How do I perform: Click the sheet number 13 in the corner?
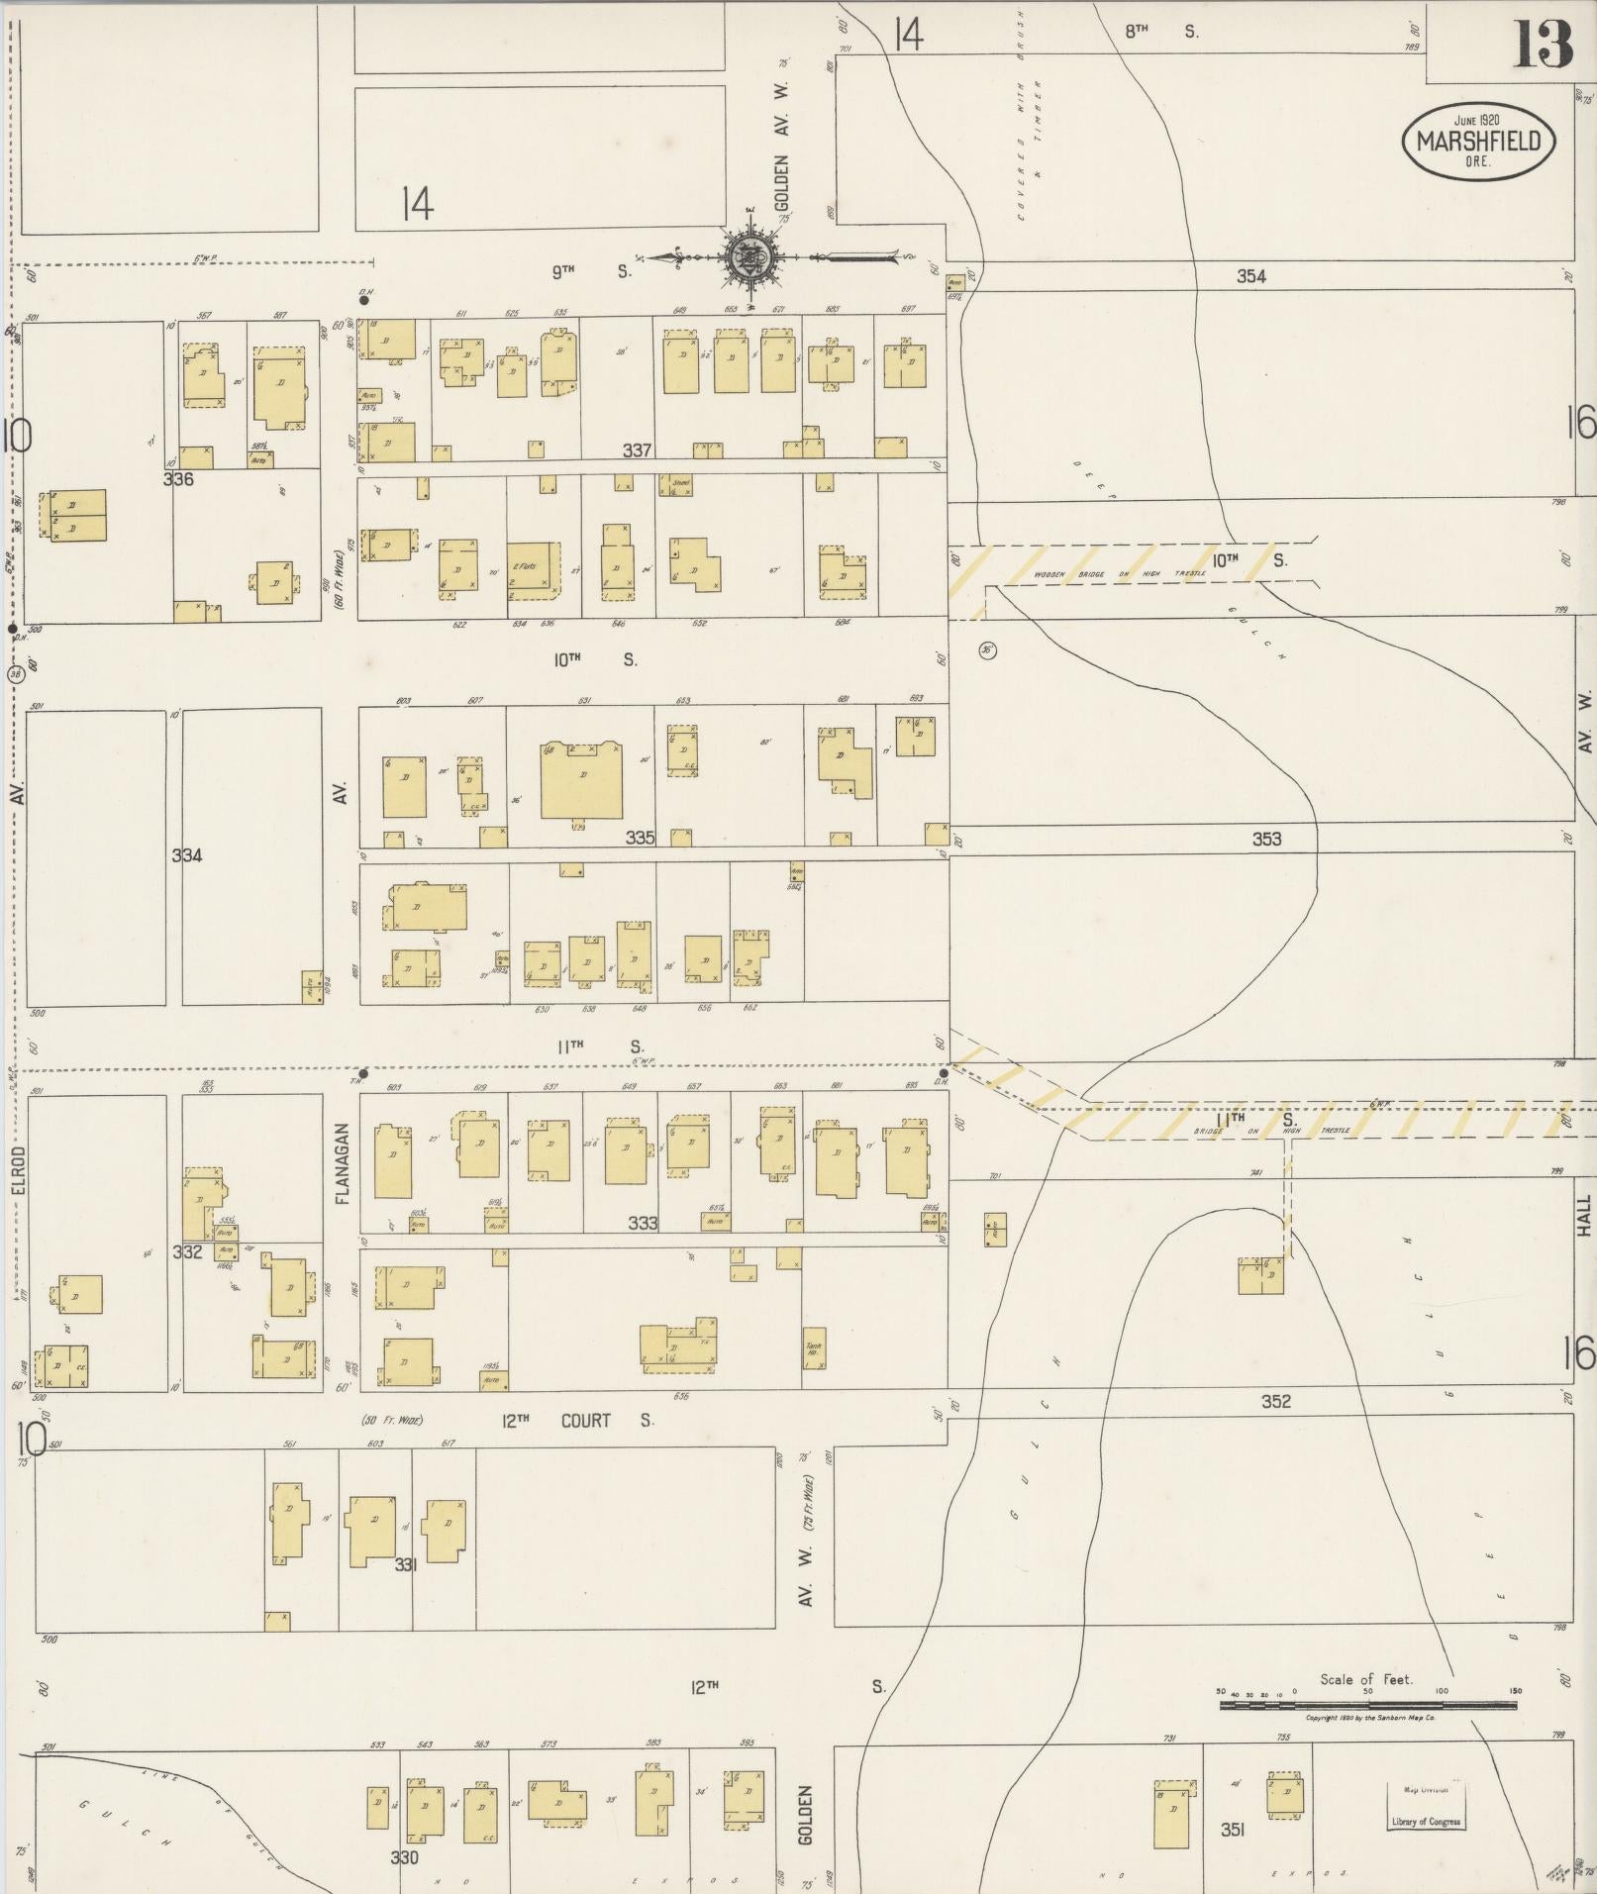point(1542,45)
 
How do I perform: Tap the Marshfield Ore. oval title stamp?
point(1477,142)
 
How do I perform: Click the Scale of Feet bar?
point(1367,1704)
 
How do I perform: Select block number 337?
point(637,450)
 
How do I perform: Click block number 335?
point(640,838)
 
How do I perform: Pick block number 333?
point(643,1223)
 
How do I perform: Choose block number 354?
point(1250,276)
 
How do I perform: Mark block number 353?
point(1266,839)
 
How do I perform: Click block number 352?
point(1276,1401)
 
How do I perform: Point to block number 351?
point(1232,1831)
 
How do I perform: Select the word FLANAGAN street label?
point(343,1162)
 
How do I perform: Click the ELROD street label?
point(20,1162)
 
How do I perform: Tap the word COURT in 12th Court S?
point(586,1421)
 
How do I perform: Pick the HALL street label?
point(1584,1216)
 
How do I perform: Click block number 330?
point(404,1857)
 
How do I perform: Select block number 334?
point(187,855)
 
